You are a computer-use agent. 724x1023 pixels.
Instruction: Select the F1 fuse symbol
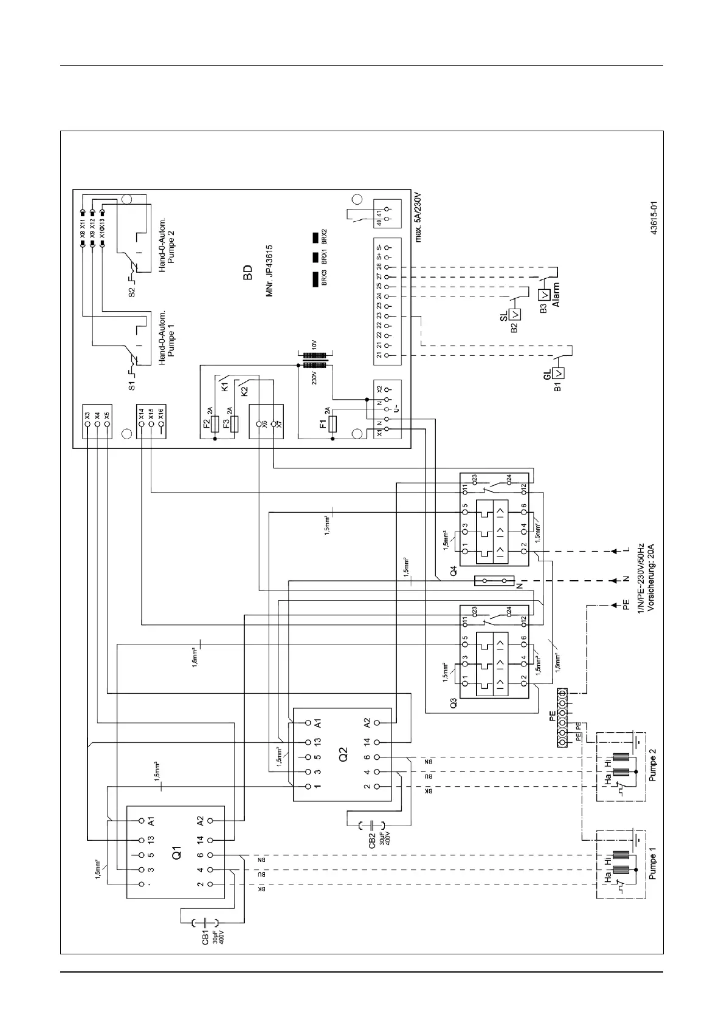[x=332, y=424]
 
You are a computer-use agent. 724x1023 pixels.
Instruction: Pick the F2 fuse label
[x=206, y=423]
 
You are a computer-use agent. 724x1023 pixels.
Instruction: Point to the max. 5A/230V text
[x=418, y=218]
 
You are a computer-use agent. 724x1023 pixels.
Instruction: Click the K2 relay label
[x=244, y=392]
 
